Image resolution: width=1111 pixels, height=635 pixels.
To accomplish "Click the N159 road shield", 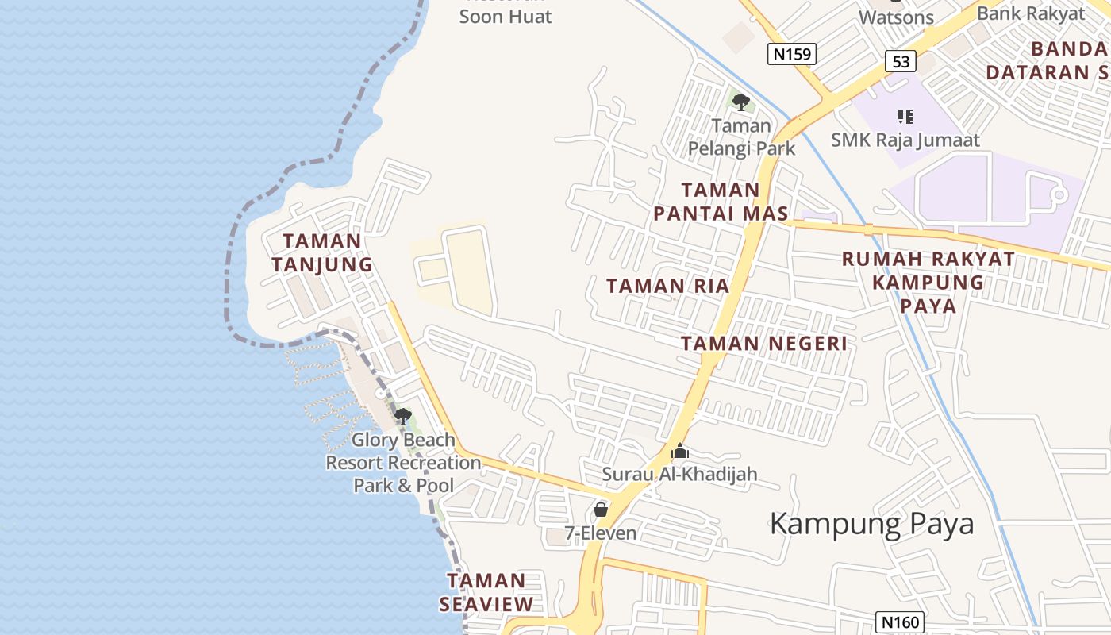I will tap(792, 54).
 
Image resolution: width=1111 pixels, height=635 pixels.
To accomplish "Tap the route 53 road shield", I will tap(901, 61).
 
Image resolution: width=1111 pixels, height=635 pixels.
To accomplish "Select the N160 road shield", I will tap(901, 622).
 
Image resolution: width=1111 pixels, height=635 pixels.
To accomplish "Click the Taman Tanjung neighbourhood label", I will tap(321, 252).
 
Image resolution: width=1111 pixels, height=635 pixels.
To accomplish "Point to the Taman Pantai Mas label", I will tap(721, 202).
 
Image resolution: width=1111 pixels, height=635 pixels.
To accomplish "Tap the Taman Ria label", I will tap(667, 287).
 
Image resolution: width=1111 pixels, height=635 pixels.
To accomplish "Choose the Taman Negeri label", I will tap(763, 344).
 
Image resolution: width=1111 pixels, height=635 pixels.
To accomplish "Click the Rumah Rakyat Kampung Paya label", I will tap(928, 282).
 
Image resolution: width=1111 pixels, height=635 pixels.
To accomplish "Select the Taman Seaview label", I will tap(486, 592).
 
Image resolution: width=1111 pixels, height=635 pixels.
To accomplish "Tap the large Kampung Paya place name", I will tap(871, 524).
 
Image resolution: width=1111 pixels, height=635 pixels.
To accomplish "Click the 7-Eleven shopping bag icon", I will tap(601, 510).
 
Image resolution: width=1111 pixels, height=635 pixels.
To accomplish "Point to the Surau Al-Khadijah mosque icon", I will tap(680, 452).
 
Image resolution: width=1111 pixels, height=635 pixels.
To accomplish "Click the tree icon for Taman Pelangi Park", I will tap(741, 102).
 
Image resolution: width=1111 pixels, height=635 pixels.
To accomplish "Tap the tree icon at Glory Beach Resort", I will tap(402, 416).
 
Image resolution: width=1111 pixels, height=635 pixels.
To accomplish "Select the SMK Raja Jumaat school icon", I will tap(905, 117).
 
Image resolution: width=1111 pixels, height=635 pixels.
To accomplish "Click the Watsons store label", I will tap(896, 17).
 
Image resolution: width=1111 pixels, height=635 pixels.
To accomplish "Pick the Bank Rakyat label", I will tap(1030, 13).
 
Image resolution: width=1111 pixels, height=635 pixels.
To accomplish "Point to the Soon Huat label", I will tap(506, 16).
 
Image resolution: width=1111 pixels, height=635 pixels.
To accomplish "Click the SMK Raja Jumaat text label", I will tap(905, 140).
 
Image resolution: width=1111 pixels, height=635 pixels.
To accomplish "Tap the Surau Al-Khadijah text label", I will tap(679, 475).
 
